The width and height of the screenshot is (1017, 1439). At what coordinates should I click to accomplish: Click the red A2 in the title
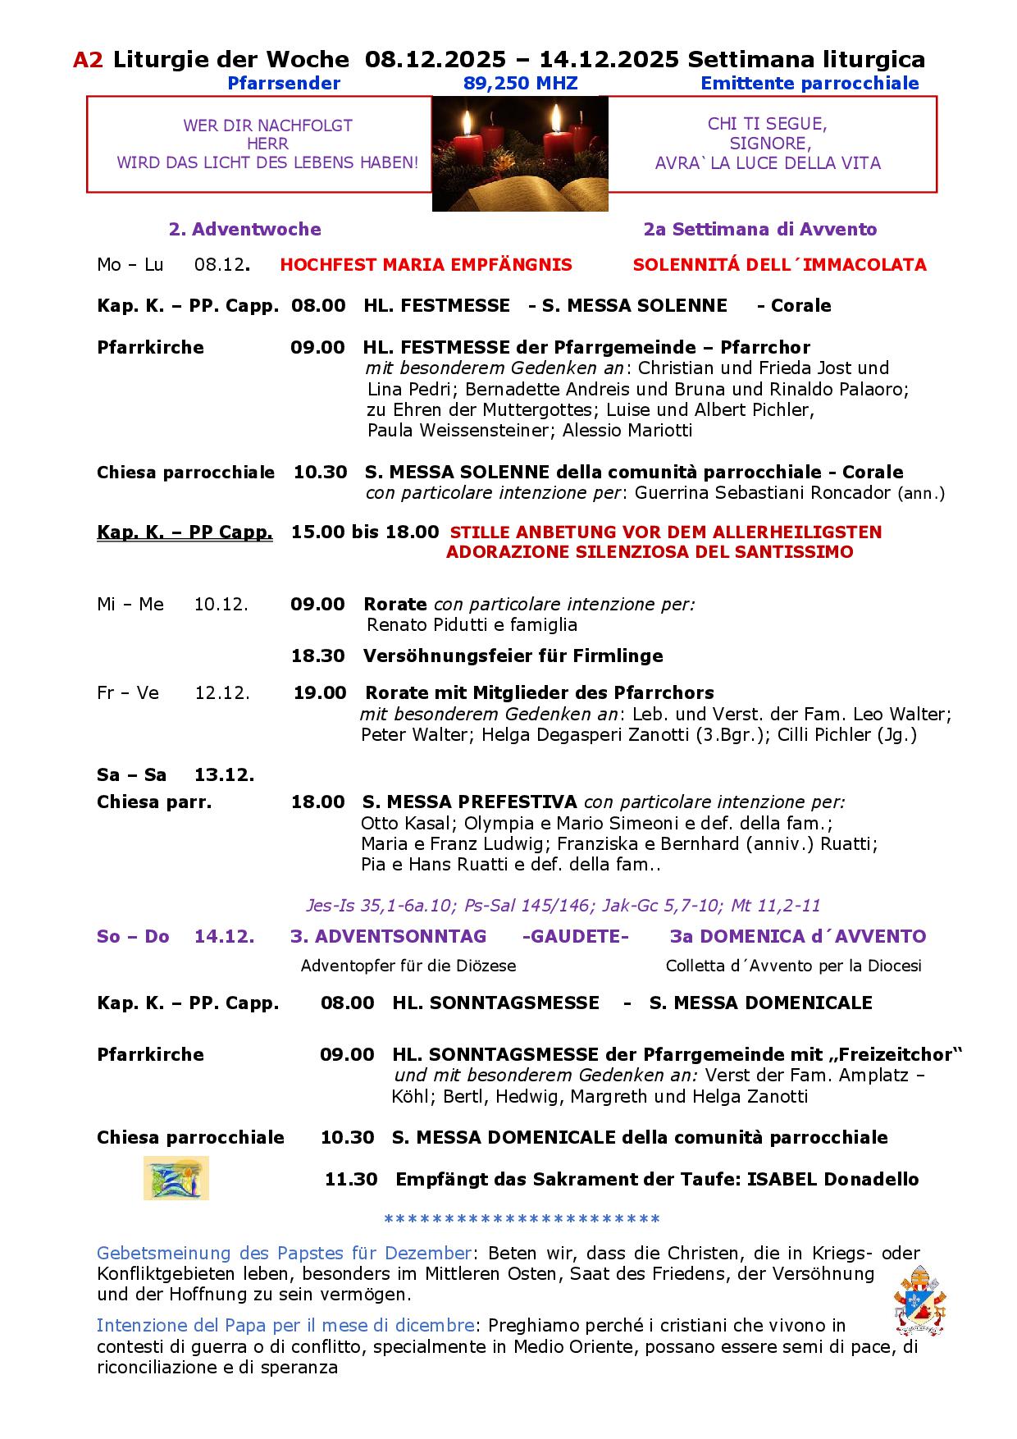[x=88, y=60]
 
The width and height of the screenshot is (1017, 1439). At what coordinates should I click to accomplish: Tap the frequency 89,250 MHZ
[x=520, y=83]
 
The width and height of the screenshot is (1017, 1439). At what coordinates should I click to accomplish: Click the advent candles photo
[x=520, y=153]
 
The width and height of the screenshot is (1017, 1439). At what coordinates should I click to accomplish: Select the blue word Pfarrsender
[x=284, y=83]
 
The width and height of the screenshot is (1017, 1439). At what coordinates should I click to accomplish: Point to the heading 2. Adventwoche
[x=244, y=230]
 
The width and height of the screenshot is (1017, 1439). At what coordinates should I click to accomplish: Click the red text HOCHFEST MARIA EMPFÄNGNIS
[x=426, y=265]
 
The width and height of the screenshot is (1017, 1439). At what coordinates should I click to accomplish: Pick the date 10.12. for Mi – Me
[x=221, y=605]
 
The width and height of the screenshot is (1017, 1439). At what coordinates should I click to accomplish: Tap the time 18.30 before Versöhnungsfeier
[x=317, y=656]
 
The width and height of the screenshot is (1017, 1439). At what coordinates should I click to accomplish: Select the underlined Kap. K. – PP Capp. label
[x=185, y=532]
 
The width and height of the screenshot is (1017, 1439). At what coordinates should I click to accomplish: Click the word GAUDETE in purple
[x=575, y=937]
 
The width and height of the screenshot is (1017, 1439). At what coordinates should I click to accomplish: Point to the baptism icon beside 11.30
[x=176, y=1177]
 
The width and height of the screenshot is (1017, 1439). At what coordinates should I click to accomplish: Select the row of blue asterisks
[x=522, y=1219]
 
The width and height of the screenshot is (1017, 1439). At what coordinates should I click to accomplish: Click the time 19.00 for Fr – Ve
[x=320, y=693]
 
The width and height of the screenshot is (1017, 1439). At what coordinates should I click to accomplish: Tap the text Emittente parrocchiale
[x=809, y=83]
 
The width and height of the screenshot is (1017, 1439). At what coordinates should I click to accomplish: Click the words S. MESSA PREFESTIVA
[x=469, y=802]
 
